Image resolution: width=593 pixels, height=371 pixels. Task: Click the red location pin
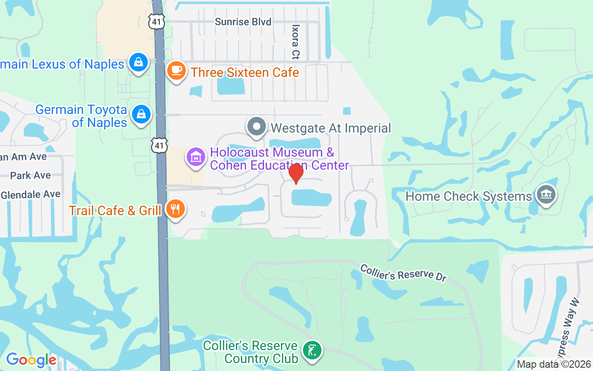(x=296, y=173)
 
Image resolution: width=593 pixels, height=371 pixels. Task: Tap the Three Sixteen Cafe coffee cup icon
(x=176, y=71)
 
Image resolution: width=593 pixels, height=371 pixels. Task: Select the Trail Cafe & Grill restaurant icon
(x=175, y=209)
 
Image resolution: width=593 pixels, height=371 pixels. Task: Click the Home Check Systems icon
(x=546, y=195)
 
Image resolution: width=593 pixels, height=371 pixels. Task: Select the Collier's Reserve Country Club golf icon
(x=312, y=351)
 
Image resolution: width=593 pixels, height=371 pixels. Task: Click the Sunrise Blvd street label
(x=243, y=22)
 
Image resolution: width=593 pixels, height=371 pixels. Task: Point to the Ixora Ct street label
(x=295, y=42)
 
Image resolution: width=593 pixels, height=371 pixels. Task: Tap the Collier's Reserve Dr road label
(x=403, y=273)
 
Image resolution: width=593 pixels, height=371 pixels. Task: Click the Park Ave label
(x=31, y=175)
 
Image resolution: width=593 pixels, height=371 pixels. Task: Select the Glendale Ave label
(x=31, y=195)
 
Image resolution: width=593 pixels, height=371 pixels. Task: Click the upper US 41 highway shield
(x=157, y=22)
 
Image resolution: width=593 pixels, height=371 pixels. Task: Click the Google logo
(x=31, y=360)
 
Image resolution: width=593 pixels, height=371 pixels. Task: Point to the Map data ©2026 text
(x=554, y=365)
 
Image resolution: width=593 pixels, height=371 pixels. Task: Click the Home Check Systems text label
(x=469, y=196)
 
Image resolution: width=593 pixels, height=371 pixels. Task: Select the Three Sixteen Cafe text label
(x=245, y=73)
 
